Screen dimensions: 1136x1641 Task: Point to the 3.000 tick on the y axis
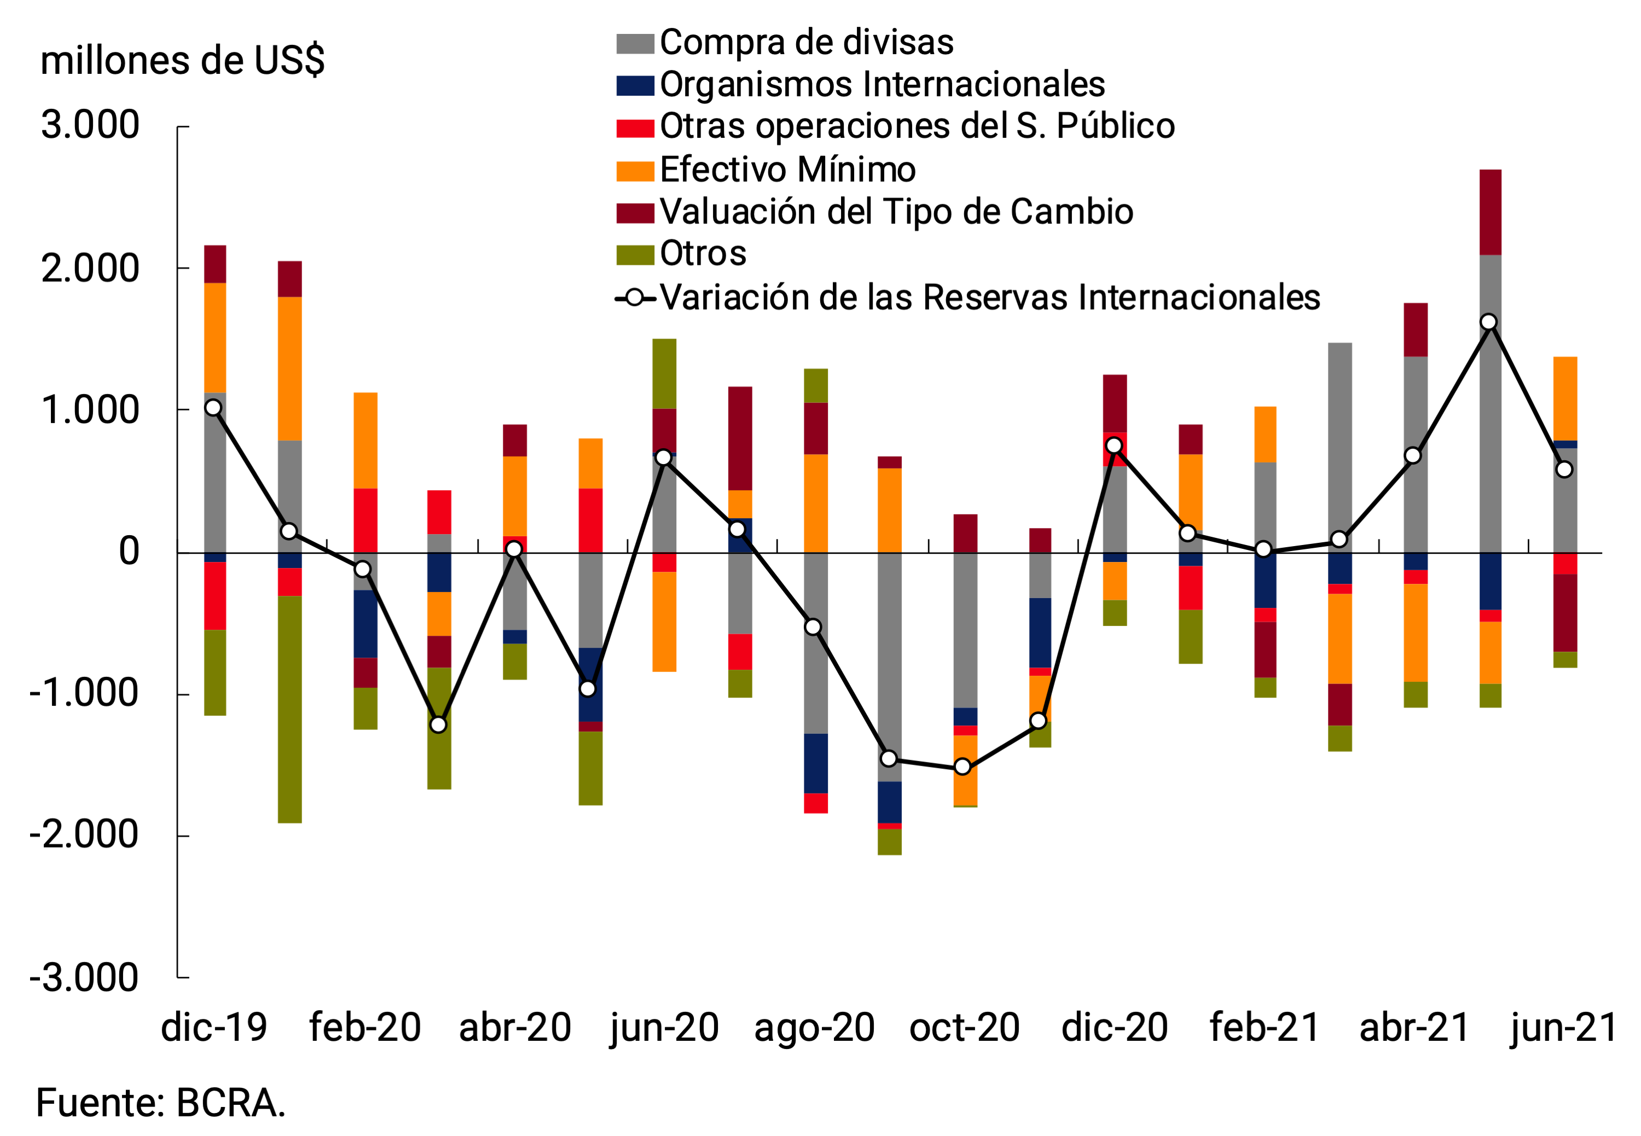90,126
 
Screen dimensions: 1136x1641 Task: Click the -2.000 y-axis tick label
84,835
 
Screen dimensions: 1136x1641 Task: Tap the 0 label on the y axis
129,552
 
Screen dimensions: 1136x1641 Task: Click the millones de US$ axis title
182,61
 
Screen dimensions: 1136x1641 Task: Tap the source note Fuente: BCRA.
161,1104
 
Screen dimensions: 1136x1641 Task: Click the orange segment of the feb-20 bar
366,441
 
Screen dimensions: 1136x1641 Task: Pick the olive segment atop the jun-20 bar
665,374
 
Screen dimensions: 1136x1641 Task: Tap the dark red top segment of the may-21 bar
1490,212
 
